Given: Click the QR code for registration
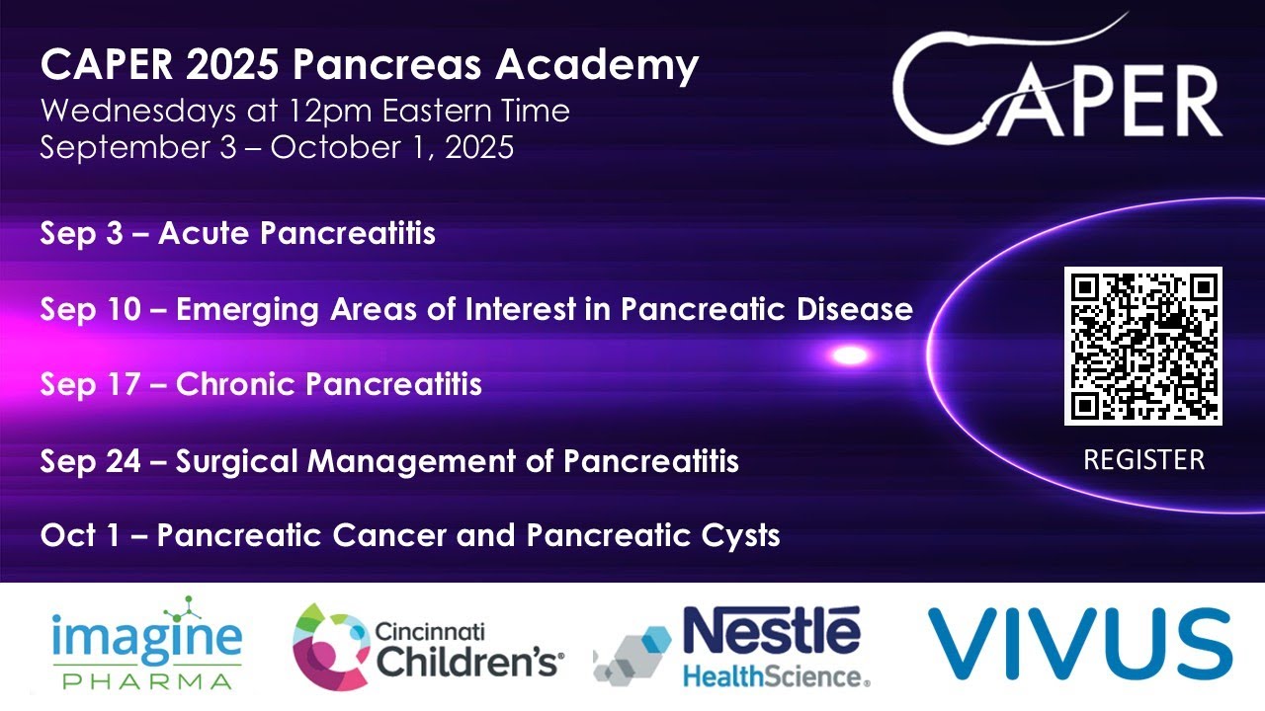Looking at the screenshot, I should click(x=1143, y=346).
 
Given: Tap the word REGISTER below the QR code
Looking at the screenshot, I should click(x=1143, y=460).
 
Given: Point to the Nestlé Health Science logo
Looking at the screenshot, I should click(x=732, y=646).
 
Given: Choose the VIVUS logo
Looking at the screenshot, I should click(x=1079, y=645).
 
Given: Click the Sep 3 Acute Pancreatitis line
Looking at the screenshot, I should click(x=237, y=234).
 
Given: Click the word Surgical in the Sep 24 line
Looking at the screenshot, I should click(x=237, y=460).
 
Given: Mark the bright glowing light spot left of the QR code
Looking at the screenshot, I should click(x=850, y=355).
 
